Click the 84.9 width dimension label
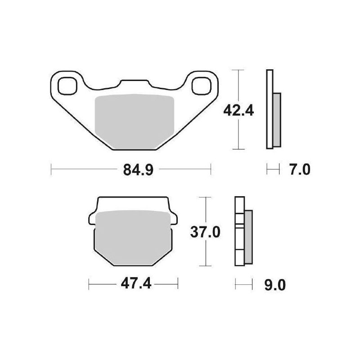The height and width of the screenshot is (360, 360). [x=131, y=170]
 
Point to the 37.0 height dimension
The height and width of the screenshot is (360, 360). [x=205, y=233]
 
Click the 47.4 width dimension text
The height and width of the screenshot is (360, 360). [x=134, y=284]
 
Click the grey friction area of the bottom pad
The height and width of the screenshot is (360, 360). [x=134, y=236]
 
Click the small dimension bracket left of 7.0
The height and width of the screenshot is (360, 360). [x=271, y=170]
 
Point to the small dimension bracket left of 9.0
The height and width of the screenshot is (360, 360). [x=242, y=284]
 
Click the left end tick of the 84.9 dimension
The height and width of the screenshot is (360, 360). [x=52, y=170]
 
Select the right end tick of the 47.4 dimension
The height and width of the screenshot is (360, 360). [x=179, y=284]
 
